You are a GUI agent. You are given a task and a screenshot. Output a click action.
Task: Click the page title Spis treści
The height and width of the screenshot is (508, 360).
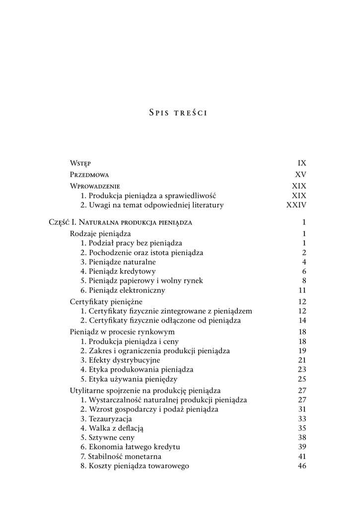pos(178,113)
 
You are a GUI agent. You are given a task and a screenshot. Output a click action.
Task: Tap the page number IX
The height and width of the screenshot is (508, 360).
pos(302,163)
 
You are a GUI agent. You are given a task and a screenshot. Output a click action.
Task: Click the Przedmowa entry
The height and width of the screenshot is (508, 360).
pos(89,175)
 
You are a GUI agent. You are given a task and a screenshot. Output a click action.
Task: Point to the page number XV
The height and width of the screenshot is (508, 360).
pos(301,175)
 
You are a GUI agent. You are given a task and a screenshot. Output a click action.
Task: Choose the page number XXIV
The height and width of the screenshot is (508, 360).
pos(296,205)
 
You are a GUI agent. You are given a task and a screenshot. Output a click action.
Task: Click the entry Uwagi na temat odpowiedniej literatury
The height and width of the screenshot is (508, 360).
pos(152,205)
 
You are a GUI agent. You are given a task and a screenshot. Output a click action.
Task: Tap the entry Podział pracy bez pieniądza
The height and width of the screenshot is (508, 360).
pos(131,243)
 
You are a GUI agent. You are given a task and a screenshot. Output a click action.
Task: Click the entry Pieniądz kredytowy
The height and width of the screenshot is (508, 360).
pos(118,271)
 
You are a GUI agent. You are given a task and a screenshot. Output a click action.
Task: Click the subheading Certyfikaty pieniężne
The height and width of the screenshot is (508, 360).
pos(106,302)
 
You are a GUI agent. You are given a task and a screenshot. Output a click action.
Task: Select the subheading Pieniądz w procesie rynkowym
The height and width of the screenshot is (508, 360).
pos(122,332)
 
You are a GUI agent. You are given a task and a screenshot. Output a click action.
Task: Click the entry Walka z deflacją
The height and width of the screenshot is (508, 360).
pos(112,428)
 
